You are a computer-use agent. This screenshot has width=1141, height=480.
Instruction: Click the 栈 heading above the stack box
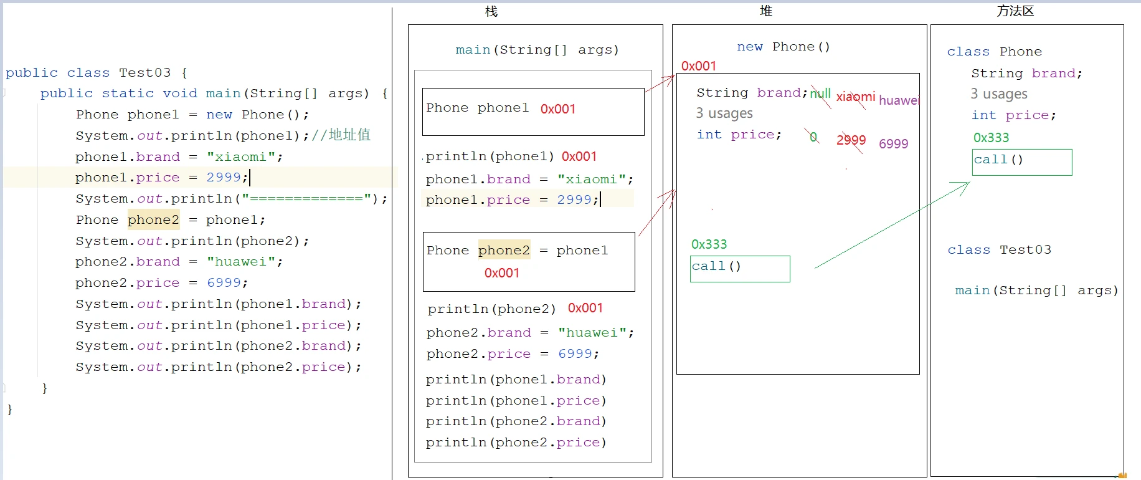click(491, 11)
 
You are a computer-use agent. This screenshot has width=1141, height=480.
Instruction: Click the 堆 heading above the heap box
click(766, 11)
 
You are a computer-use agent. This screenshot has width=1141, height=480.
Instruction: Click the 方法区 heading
click(1015, 11)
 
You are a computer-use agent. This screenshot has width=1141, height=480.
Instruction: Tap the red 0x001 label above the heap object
click(698, 66)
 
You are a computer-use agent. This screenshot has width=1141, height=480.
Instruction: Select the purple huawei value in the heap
click(899, 100)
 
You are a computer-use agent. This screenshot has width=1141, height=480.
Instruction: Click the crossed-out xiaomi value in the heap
click(855, 97)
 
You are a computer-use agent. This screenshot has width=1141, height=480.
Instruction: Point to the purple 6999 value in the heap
click(893, 144)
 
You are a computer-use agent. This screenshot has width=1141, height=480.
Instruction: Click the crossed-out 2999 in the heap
click(851, 140)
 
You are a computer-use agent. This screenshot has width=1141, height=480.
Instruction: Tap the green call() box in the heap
click(740, 269)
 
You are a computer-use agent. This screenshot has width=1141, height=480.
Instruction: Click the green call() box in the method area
click(1022, 162)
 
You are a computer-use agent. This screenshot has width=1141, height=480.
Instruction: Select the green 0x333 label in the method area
click(991, 138)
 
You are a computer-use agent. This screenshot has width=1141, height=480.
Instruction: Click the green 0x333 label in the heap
click(709, 244)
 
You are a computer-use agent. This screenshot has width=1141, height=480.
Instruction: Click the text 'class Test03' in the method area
click(999, 250)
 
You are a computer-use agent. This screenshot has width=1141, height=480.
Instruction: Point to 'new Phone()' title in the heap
click(783, 47)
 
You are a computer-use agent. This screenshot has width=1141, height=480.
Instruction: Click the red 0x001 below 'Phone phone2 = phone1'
click(501, 273)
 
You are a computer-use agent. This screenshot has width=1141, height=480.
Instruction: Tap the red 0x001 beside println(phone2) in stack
click(585, 308)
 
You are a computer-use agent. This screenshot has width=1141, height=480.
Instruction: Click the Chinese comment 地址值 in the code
click(349, 135)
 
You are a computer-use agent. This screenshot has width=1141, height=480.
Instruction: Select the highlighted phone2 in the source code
click(153, 219)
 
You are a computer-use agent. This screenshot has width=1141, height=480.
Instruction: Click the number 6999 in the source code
click(224, 282)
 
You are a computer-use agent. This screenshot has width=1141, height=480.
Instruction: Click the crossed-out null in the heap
click(820, 94)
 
